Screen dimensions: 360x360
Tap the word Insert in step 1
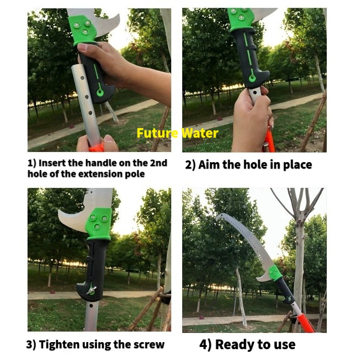pos(52,163)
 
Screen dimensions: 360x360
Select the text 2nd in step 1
pos(159,163)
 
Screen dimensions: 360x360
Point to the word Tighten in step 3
pos(59,344)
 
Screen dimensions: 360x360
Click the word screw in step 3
pos(149,345)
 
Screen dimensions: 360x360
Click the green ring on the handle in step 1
pos(100,93)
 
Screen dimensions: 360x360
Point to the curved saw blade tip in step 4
pos(217,217)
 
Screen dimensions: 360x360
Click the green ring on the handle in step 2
pos(253,79)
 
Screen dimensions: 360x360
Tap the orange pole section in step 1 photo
pos(97,147)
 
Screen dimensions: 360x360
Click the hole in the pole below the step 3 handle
pos(91,305)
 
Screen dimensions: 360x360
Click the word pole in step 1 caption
pos(135,174)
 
